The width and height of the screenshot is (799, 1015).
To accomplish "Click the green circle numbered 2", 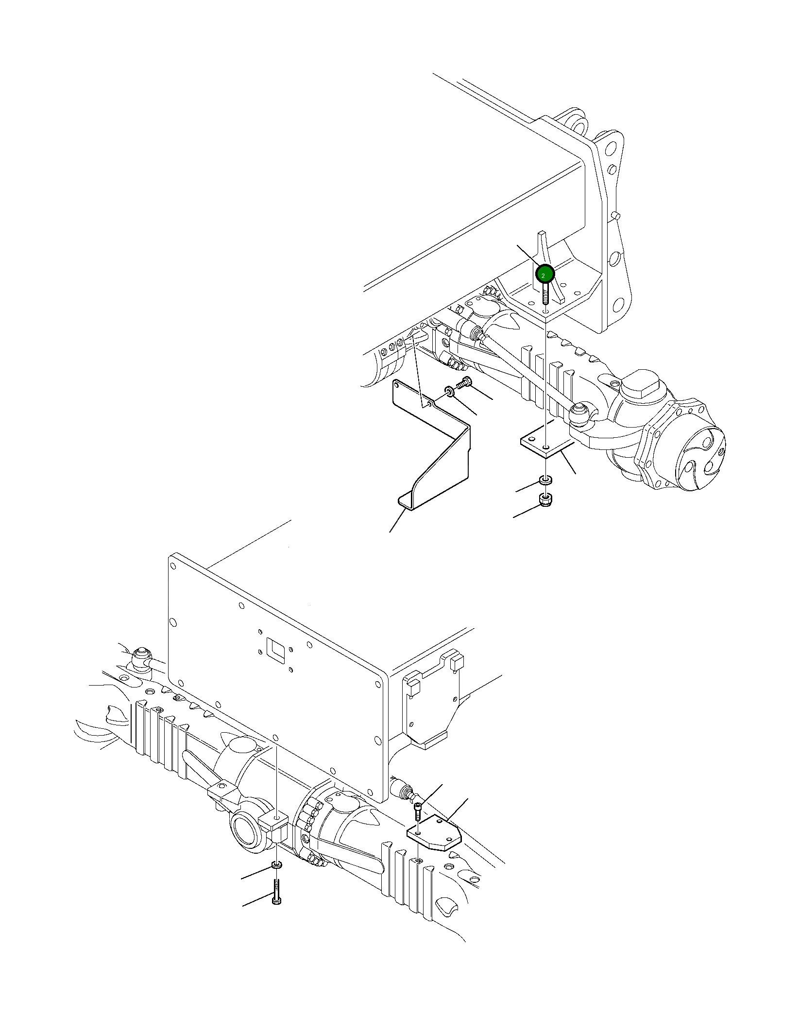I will (544, 275).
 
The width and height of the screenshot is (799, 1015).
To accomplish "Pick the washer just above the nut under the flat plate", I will (546, 481).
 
